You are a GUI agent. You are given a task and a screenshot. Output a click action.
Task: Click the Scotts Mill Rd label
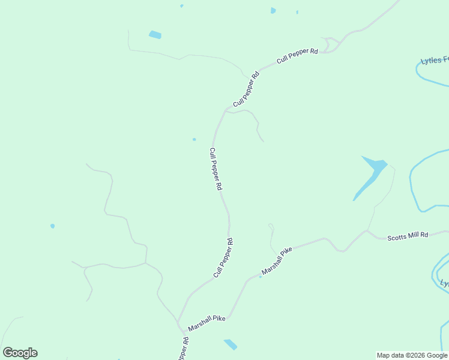click(x=408, y=235)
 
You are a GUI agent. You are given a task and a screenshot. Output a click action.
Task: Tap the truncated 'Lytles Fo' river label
click(x=434, y=60)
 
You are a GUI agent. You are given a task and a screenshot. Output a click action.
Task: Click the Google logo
click(x=20, y=353)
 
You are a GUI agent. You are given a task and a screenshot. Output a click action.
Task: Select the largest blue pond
click(x=371, y=174)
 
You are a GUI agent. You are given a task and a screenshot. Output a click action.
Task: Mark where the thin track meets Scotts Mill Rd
click(x=367, y=230)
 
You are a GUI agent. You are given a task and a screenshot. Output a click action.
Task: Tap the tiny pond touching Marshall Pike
click(x=261, y=277)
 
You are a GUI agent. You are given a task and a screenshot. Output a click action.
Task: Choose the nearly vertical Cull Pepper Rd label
click(x=215, y=169)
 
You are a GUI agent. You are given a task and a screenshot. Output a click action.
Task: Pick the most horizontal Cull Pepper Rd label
click(x=297, y=56)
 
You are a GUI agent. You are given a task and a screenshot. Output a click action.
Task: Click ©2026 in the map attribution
click(x=409, y=355)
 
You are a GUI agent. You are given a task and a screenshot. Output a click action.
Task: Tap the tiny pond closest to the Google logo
click(x=53, y=226)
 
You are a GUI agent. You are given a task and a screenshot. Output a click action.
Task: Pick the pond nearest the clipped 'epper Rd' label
click(x=230, y=344)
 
